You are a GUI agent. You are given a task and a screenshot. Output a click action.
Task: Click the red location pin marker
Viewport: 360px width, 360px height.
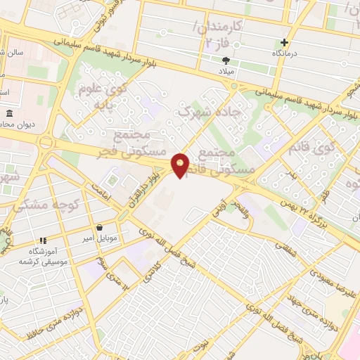coord(181,165)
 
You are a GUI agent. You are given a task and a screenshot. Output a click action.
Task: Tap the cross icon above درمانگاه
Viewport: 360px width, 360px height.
coord(284,42)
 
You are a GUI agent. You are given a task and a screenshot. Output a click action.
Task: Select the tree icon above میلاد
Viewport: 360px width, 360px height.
coord(226,60)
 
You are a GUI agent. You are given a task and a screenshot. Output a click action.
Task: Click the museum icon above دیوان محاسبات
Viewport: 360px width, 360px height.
coord(10,113)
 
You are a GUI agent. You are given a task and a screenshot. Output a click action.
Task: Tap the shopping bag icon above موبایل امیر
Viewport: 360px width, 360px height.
coord(99,228)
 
